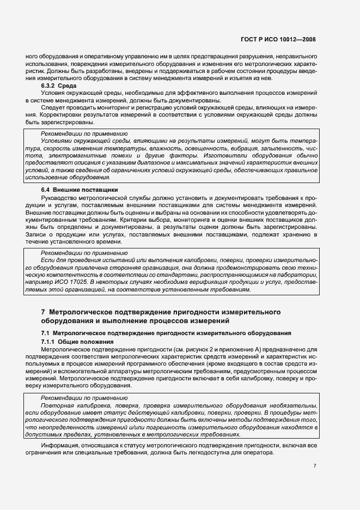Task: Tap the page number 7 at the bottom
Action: (x=315, y=466)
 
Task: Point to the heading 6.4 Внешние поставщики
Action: (x=80, y=189)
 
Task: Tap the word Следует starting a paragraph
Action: (x=53, y=109)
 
